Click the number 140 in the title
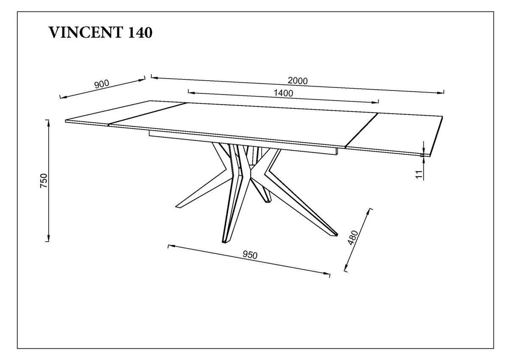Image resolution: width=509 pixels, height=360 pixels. click(x=140, y=32)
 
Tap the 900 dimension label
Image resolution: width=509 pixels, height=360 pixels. click(x=102, y=84)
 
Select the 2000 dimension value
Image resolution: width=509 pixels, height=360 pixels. click(x=298, y=81)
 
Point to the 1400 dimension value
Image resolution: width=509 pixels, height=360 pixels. click(x=283, y=93)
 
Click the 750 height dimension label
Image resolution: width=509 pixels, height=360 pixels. click(x=44, y=180)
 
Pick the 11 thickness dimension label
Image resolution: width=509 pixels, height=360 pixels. click(x=419, y=174)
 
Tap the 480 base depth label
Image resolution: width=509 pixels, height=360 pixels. click(x=353, y=238)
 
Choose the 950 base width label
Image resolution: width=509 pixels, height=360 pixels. click(x=250, y=255)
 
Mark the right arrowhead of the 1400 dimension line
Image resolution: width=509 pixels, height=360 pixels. click(x=375, y=102)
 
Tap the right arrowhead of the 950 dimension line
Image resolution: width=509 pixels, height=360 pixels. click(x=326, y=273)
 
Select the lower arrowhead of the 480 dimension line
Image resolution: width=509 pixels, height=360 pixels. click(x=346, y=267)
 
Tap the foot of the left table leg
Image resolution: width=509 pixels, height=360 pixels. click(x=179, y=206)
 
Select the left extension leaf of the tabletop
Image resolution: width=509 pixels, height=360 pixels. click(x=125, y=112)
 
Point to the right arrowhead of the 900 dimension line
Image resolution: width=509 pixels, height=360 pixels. click(x=142, y=80)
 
